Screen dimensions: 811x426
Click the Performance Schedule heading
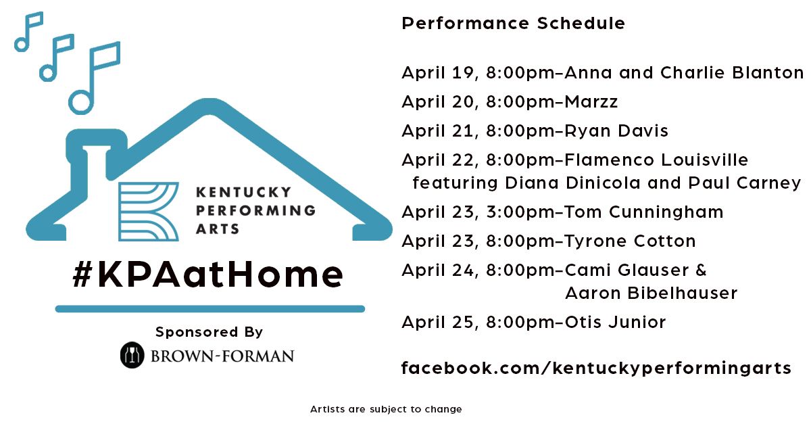[514, 24]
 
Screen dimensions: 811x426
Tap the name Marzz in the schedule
[591, 101]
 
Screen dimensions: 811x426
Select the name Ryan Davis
[616, 131]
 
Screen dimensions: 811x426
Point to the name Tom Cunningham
[643, 212]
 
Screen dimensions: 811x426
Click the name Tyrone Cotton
[630, 241]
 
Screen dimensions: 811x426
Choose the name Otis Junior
[615, 322]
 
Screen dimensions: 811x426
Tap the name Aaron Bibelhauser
[652, 293]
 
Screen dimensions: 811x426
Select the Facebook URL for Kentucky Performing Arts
[596, 369]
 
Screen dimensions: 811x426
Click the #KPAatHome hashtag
[208, 275]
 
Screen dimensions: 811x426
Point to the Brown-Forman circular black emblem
[132, 355]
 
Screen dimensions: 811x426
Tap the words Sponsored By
[209, 332]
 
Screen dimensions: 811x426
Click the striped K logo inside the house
[149, 212]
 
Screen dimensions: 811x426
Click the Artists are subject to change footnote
[386, 409]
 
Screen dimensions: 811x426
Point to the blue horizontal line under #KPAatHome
[210, 309]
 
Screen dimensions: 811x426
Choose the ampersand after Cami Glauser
[701, 270]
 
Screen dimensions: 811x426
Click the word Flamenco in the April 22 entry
[610, 160]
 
